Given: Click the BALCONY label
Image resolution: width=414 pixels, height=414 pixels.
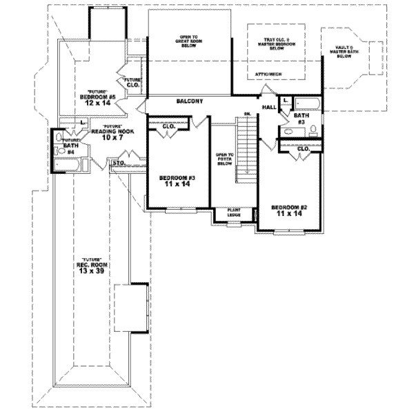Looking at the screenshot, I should point(188,101).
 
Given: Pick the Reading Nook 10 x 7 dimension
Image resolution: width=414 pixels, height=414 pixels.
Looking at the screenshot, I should point(113,138).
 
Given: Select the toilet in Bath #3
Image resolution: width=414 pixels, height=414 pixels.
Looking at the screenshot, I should point(313,130).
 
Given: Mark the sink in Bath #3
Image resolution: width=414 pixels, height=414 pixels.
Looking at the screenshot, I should point(285,131).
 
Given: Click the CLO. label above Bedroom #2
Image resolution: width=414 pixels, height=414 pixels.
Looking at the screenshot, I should point(304,148).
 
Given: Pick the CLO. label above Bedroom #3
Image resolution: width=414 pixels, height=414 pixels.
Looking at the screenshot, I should point(168,126).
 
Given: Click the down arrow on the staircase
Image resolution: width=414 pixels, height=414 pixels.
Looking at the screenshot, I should point(246,117).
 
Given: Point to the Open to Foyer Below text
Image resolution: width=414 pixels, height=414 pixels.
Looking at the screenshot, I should point(224,159).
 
